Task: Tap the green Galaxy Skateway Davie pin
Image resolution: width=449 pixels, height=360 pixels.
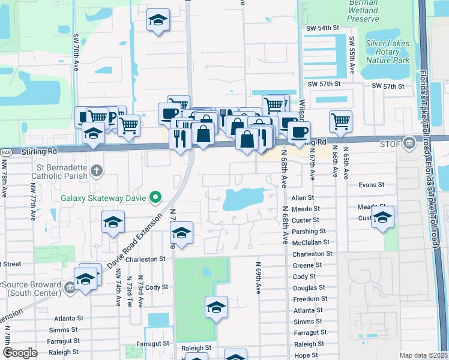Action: [x=156, y=197]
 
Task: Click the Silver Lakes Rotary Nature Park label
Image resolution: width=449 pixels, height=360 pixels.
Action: [x=388, y=52]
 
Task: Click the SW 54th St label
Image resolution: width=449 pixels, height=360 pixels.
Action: [x=322, y=28]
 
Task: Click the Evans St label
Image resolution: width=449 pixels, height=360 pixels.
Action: [x=370, y=186]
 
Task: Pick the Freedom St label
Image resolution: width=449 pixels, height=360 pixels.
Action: [x=310, y=299]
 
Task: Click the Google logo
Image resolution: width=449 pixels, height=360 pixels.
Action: [x=20, y=353]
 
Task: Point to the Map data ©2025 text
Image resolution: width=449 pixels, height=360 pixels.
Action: [x=423, y=355]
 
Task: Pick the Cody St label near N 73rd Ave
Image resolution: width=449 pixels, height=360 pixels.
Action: [x=156, y=287]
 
